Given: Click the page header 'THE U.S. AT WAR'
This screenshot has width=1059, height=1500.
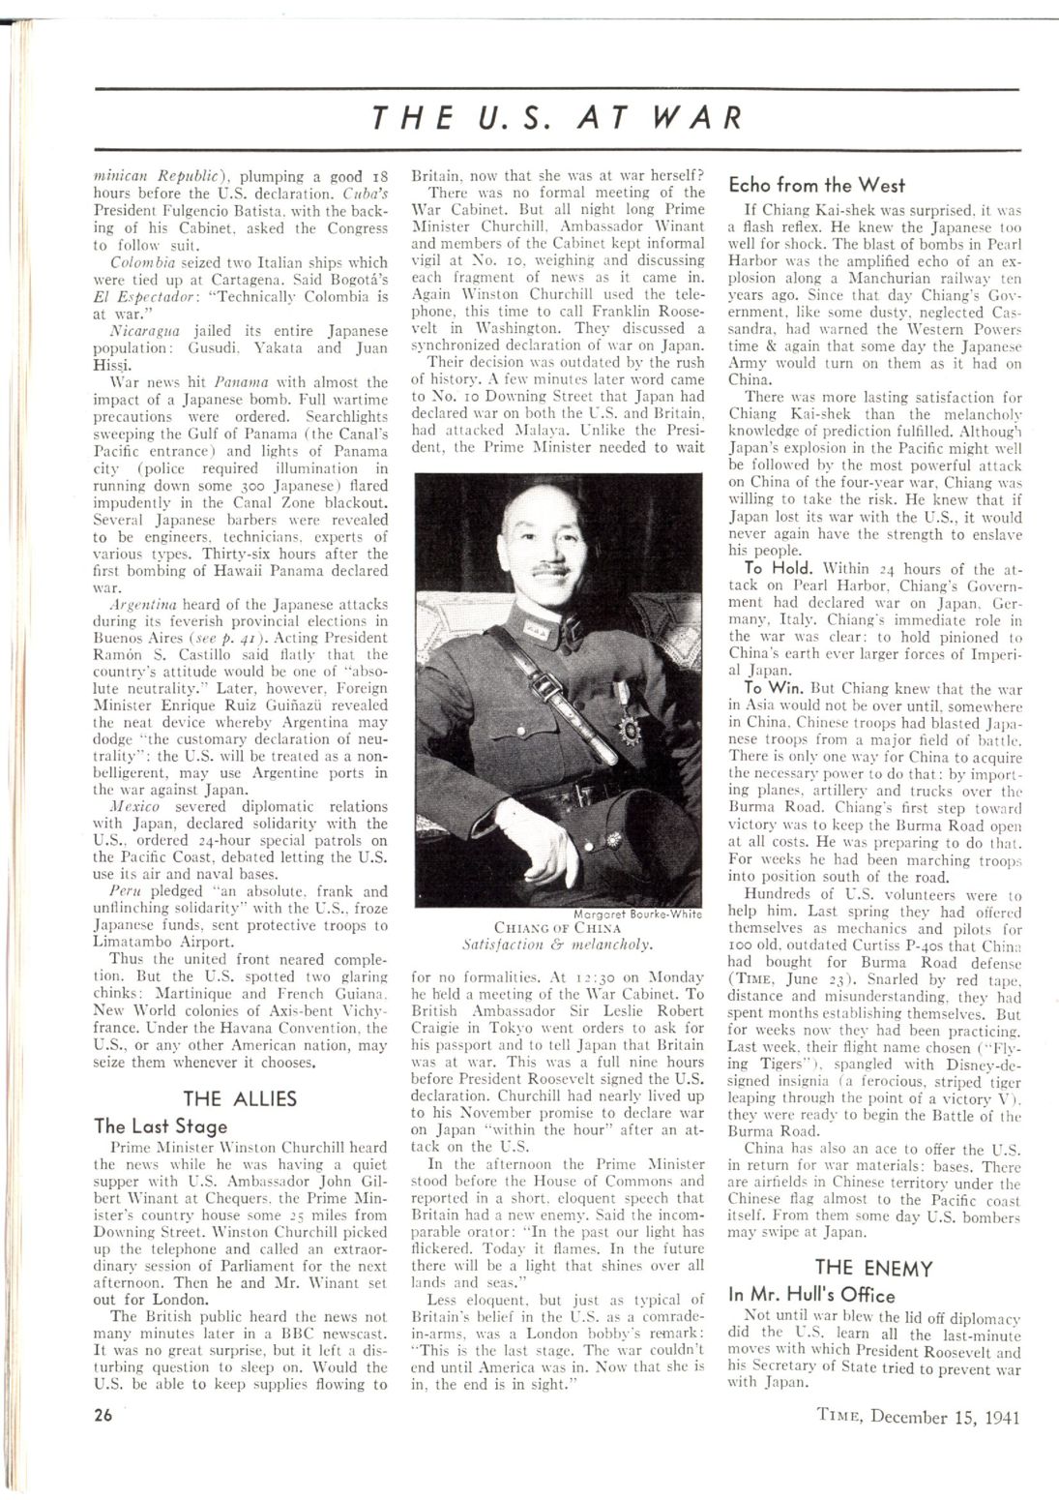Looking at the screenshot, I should tap(557, 118).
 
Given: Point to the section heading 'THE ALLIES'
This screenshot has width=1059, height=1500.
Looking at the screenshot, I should tap(240, 1098).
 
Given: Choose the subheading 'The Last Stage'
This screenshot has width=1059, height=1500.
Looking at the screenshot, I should tap(161, 1126).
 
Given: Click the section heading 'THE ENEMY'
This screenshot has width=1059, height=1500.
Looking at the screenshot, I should tap(873, 1268).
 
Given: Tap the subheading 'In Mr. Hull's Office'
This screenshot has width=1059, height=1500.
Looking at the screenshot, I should tap(811, 1296).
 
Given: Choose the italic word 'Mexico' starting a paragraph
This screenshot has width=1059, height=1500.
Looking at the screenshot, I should tap(134, 806).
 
